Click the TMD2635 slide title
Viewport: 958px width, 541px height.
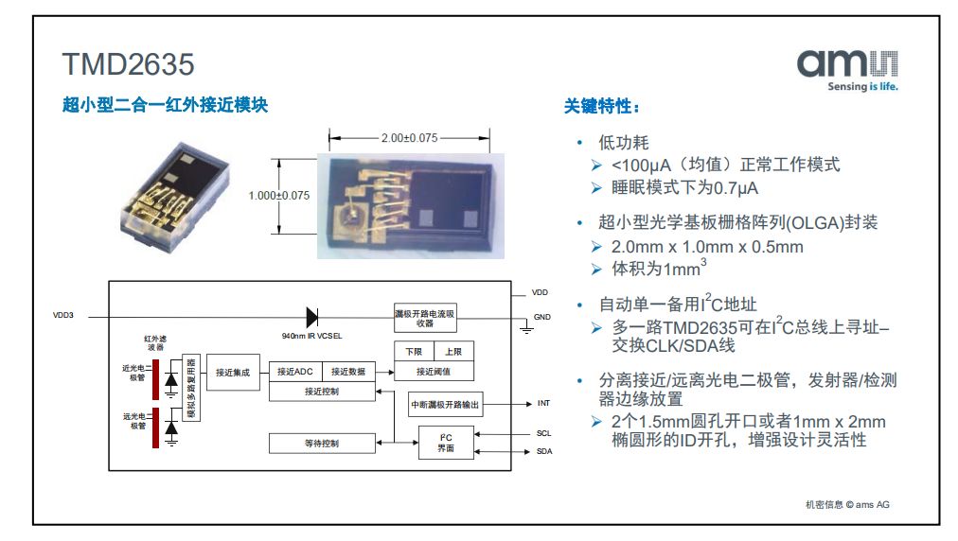click(129, 64)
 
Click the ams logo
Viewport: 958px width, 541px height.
click(847, 70)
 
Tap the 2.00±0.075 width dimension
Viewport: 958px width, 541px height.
click(409, 138)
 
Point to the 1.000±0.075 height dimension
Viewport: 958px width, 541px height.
click(278, 196)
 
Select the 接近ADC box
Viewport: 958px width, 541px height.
click(295, 372)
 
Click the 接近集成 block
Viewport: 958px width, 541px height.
click(233, 373)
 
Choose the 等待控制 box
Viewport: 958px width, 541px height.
click(322, 444)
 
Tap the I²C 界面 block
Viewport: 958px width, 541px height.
click(446, 443)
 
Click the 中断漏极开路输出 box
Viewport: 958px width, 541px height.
click(445, 404)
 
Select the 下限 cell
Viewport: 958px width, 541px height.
click(414, 352)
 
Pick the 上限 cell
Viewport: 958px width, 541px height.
click(453, 352)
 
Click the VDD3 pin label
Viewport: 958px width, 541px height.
click(62, 315)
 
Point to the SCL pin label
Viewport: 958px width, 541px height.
click(543, 433)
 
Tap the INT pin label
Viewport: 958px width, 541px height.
click(543, 403)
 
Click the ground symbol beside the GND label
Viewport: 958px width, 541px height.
click(526, 327)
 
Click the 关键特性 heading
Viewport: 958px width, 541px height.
click(601, 106)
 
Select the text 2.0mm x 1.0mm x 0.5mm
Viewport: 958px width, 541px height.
click(707, 247)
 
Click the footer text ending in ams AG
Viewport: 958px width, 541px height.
click(847, 504)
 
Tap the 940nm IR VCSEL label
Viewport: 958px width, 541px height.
click(311, 336)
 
